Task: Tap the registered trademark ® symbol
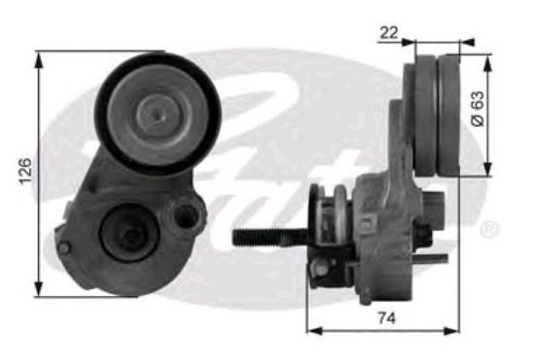[490, 230]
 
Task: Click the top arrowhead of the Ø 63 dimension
[485, 57]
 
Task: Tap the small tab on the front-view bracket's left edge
[59, 233]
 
